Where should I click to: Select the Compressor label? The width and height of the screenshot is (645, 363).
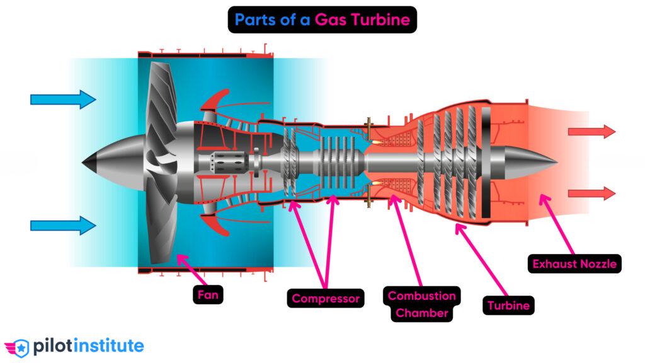326,297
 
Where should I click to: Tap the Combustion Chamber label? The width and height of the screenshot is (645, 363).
421,304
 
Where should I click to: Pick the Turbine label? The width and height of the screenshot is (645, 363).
508,306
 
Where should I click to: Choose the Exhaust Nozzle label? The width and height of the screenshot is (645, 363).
574,263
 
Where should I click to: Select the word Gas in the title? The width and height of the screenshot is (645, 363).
331,20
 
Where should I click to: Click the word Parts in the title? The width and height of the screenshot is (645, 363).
258,20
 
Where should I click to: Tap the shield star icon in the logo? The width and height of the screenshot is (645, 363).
21,347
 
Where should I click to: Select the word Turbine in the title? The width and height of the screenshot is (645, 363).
380,20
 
